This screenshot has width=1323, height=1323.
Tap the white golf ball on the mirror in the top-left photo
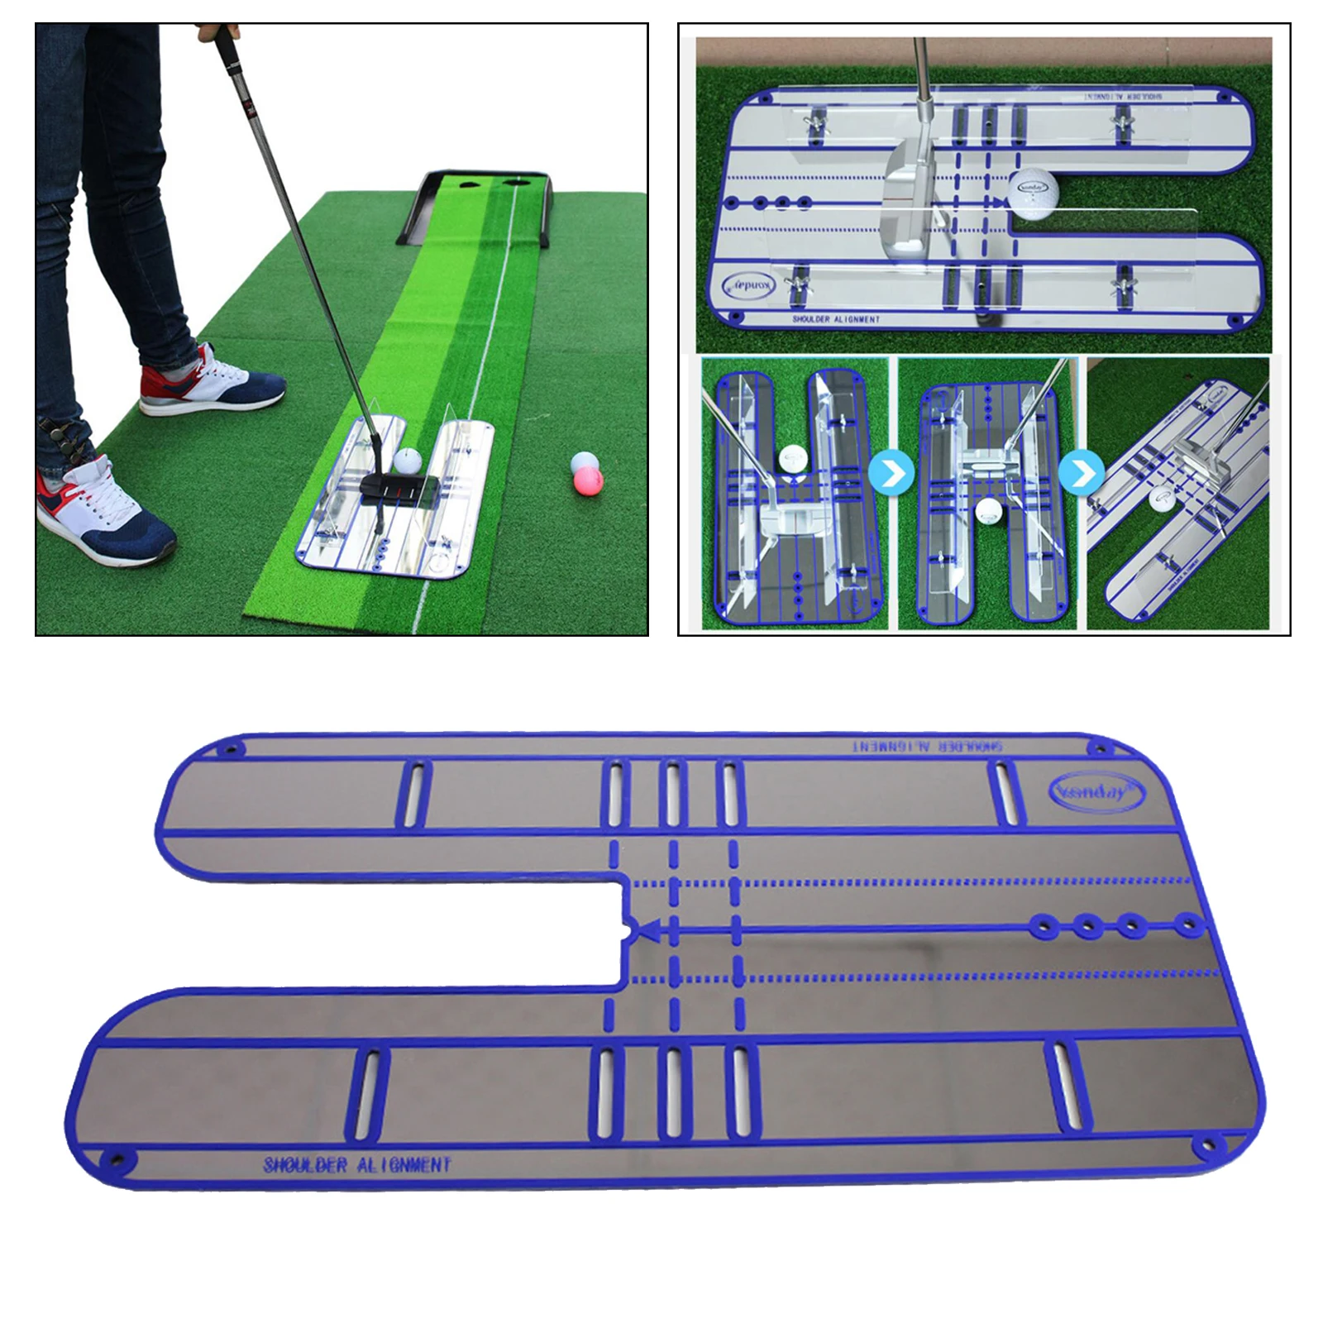click(408, 461)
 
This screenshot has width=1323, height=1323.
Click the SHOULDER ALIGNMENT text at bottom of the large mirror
click(357, 1165)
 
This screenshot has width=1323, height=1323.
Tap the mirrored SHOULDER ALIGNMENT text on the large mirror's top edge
click(929, 746)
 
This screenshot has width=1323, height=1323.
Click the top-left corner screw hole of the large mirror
click(231, 750)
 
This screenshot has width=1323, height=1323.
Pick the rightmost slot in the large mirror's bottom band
click(1062, 1086)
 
